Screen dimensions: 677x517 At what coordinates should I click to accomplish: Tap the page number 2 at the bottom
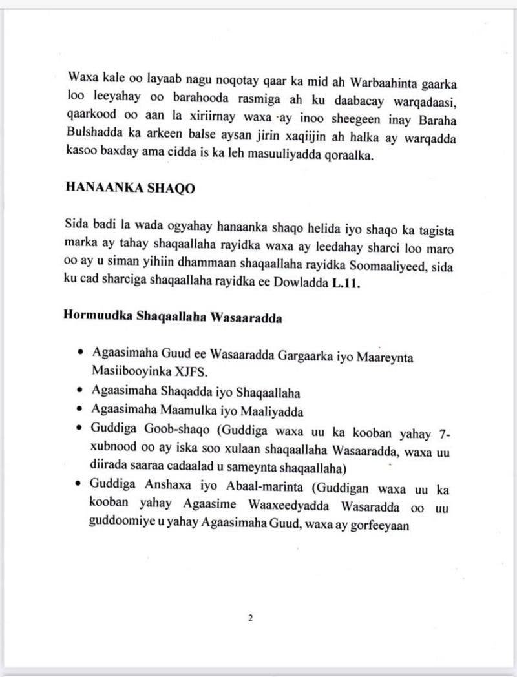(x=250, y=618)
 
